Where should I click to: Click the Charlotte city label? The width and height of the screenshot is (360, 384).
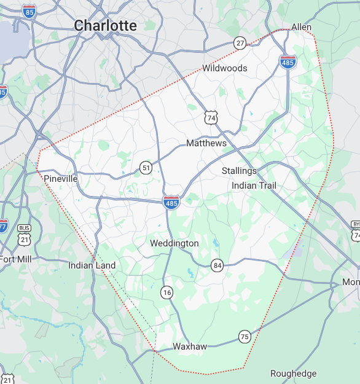point(105,25)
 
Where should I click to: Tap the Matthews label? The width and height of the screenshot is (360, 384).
point(206,143)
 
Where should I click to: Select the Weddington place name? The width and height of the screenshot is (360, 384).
point(174,243)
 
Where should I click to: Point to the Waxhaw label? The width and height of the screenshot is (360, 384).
point(190,347)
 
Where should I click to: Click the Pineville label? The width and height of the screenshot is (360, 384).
point(61,178)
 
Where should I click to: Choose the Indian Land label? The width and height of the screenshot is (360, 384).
point(92,265)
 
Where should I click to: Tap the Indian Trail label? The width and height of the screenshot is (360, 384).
point(254,186)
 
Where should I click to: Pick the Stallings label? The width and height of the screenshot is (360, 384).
point(239,171)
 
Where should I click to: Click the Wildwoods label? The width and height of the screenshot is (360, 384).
point(225,68)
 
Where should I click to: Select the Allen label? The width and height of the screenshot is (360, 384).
point(301,27)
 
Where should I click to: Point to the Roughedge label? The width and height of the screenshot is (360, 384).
point(294,374)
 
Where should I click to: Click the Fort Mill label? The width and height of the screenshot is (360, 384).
point(15,259)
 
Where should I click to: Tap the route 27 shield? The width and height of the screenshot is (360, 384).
point(240,43)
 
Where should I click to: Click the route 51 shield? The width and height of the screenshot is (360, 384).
point(146,168)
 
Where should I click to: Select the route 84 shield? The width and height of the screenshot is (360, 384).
point(217,265)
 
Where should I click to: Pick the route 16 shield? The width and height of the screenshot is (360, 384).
point(167,292)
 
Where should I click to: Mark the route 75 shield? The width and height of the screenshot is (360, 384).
point(245,337)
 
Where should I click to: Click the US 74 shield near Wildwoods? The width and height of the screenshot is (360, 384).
point(211,117)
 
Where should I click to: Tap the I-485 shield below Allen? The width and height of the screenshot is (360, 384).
point(288,61)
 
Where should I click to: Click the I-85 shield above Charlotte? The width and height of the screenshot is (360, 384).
point(29,10)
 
